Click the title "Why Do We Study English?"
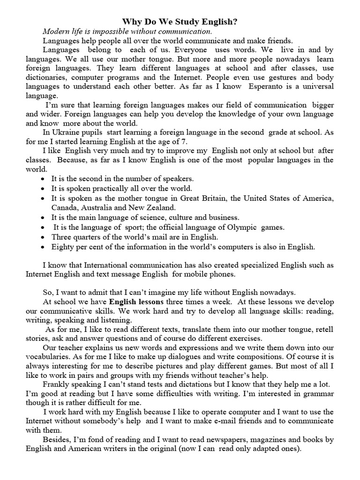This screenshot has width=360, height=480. coord(180,22)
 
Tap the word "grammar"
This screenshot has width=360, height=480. coord(318,394)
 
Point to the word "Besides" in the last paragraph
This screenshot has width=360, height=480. coord(56,440)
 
